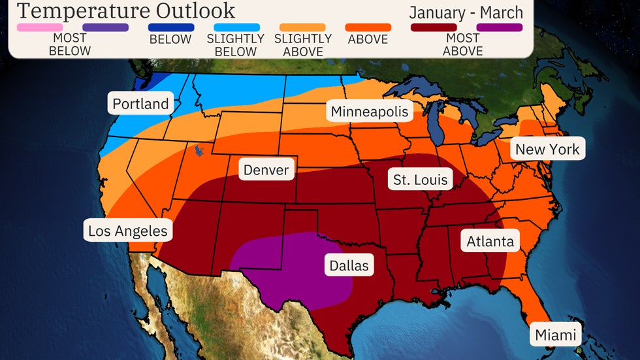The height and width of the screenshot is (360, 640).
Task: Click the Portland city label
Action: click(140, 104)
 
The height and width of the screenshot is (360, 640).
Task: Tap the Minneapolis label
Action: click(369, 112)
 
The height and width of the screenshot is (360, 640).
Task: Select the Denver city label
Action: click(266, 171)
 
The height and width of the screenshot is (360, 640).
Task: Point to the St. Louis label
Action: click(421, 180)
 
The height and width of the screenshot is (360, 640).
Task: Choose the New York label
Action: click(547, 150)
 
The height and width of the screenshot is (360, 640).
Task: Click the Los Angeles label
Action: click(128, 231)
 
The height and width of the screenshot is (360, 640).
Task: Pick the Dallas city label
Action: click(348, 266)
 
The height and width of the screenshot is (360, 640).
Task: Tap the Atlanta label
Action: click(490, 242)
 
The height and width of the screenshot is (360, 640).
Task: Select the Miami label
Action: click(556, 336)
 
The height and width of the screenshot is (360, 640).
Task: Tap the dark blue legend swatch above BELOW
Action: click(170, 27)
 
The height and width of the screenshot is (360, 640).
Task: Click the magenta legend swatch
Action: click(500, 27)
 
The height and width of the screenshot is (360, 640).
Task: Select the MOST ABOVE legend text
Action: click(462, 45)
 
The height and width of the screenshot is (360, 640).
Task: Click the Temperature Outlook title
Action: click(126, 10)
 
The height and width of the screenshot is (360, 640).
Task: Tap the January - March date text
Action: click(466, 12)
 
